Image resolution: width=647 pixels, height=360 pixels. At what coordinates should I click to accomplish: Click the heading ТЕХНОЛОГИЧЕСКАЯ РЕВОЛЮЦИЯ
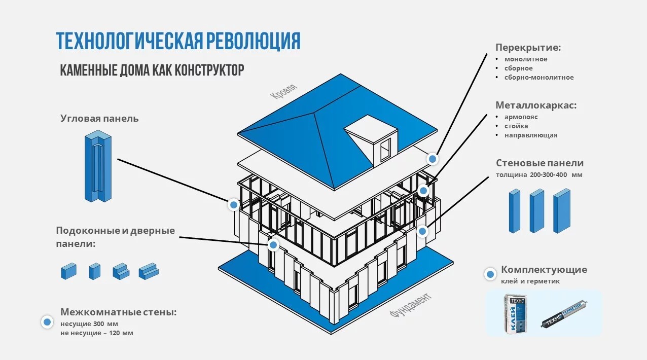coord(178,41)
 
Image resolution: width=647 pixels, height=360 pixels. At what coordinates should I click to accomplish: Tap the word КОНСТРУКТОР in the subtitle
coord(209,69)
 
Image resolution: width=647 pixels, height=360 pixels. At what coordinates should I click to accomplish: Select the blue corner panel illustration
coord(98,167)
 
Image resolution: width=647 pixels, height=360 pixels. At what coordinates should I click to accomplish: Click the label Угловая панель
coord(99,119)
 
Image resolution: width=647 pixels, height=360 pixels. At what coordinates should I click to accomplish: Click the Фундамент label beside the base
coord(411,305)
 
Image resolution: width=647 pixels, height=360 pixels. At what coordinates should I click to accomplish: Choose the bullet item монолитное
coord(525,59)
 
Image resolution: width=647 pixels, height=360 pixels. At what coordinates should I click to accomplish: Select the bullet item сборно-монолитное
coord(538,78)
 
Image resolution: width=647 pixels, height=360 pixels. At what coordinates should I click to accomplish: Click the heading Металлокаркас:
coord(536,105)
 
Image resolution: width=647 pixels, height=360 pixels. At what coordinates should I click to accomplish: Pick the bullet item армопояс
coord(521,117)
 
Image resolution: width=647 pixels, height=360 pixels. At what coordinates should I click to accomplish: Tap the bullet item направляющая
coord(530,135)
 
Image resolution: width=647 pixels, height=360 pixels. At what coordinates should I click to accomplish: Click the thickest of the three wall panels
coord(562,210)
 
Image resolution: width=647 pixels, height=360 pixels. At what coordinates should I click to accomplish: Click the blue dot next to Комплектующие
coord(490,274)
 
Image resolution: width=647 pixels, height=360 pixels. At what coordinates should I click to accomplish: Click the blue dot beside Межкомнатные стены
coord(48,322)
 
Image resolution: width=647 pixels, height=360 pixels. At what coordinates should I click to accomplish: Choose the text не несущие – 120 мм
coord(97,333)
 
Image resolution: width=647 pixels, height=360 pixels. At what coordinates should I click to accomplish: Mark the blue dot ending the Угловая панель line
coord(233,205)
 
